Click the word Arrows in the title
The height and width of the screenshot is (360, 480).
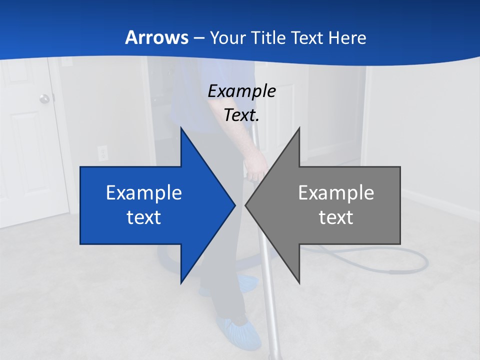coord(156,37)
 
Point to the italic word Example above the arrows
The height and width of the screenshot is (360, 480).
coord(241,91)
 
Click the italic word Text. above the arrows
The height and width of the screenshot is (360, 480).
coord(241,115)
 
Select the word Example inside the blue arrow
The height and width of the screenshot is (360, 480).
coord(144,192)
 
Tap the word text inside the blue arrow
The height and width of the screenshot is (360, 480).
coord(144,217)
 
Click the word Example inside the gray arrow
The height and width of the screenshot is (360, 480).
coord(336,192)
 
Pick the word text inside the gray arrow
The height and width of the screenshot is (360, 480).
coord(336,217)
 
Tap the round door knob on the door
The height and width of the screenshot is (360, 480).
coord(45,98)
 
